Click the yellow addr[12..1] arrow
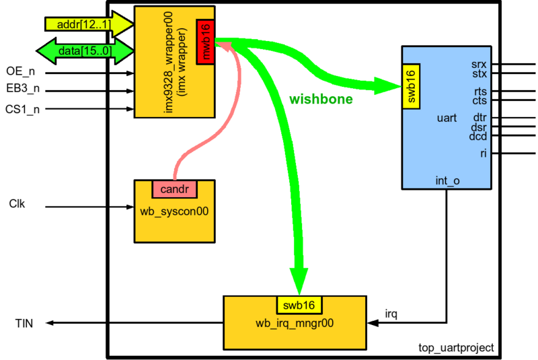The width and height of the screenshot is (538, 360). point(80,24)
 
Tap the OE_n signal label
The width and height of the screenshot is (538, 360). point(20,71)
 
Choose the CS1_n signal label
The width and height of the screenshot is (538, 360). point(21,108)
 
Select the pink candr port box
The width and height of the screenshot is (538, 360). point(175,189)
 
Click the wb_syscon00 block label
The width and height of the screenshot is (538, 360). point(175,210)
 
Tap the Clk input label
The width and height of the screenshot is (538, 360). point(17,203)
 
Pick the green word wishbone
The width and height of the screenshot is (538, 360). point(321,99)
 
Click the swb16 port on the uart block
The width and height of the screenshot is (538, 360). point(412,86)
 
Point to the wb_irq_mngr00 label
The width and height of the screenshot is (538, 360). point(297,322)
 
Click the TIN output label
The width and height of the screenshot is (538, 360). point(24,323)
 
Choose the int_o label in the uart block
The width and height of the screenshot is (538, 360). point(447,180)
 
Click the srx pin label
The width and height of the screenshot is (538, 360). point(479,64)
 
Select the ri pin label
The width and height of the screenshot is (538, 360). point(484,153)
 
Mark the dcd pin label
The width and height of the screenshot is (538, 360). point(478,136)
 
